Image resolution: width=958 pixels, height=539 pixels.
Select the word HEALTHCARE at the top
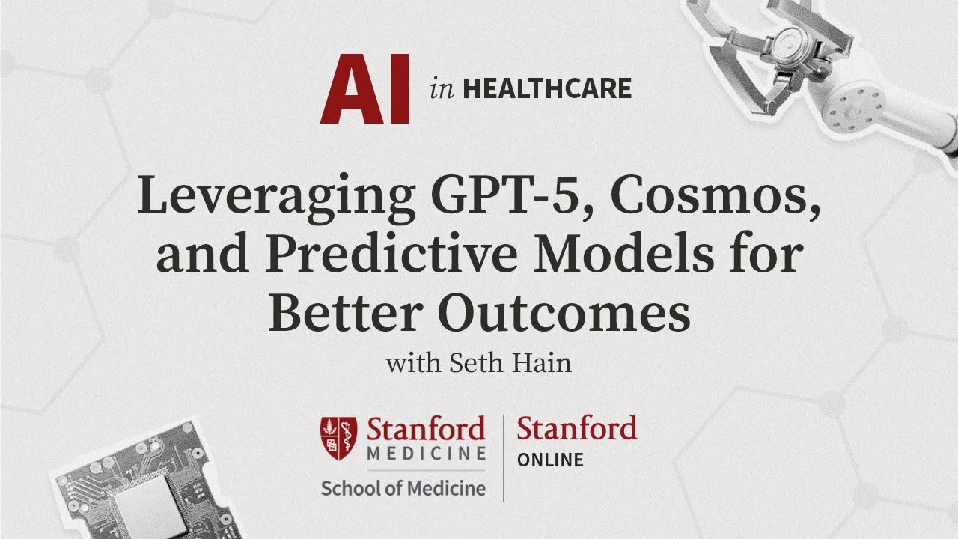click(x=547, y=89)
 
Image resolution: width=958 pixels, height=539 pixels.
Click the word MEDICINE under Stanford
click(x=426, y=454)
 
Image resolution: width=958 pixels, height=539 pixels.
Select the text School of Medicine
click(x=403, y=489)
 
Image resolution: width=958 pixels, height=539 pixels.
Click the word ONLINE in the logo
click(x=550, y=460)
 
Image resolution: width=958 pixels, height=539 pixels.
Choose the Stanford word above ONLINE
click(x=576, y=429)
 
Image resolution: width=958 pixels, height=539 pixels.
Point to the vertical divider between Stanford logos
click(x=503, y=457)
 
